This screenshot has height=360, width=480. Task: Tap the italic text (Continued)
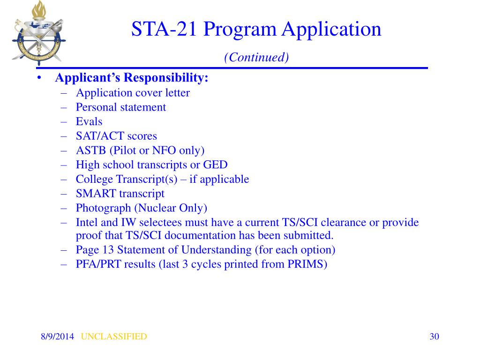(256, 57)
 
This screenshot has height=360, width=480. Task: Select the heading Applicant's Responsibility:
(132, 78)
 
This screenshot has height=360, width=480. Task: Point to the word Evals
(89, 122)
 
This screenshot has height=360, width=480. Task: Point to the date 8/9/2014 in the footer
(57, 337)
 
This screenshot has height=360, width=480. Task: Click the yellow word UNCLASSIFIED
(114, 337)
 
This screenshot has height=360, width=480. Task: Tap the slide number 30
(434, 337)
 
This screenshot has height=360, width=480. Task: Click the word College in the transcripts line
(94, 179)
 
